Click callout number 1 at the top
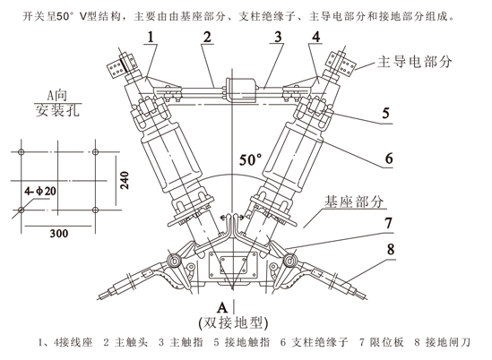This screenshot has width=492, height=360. coord(151,38)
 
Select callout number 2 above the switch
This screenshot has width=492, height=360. coord(207,38)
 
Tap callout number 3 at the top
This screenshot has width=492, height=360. coord(278,38)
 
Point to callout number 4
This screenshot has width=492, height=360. coord(316,38)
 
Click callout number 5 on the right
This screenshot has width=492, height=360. coord(385,113)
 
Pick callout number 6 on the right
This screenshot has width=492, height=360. coord(389,159)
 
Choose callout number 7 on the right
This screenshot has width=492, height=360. coord(389,223)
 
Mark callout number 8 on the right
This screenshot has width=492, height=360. coord(391,250)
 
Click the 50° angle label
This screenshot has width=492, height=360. coord(250,159)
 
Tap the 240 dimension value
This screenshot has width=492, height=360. coord(125,180)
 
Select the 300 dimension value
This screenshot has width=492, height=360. coord(59,234)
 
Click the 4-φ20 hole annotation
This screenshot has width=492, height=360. coord(40,191)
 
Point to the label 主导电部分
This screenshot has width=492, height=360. coord(414,62)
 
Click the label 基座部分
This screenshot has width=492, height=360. coord(354,201)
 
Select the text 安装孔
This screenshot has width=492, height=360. coord(57,110)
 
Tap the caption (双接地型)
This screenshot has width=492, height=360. coord(233,323)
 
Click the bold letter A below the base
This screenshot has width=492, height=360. coord(222,308)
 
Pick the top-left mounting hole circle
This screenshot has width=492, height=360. coord(21,152)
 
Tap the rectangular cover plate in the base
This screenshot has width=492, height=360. coord(233,266)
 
